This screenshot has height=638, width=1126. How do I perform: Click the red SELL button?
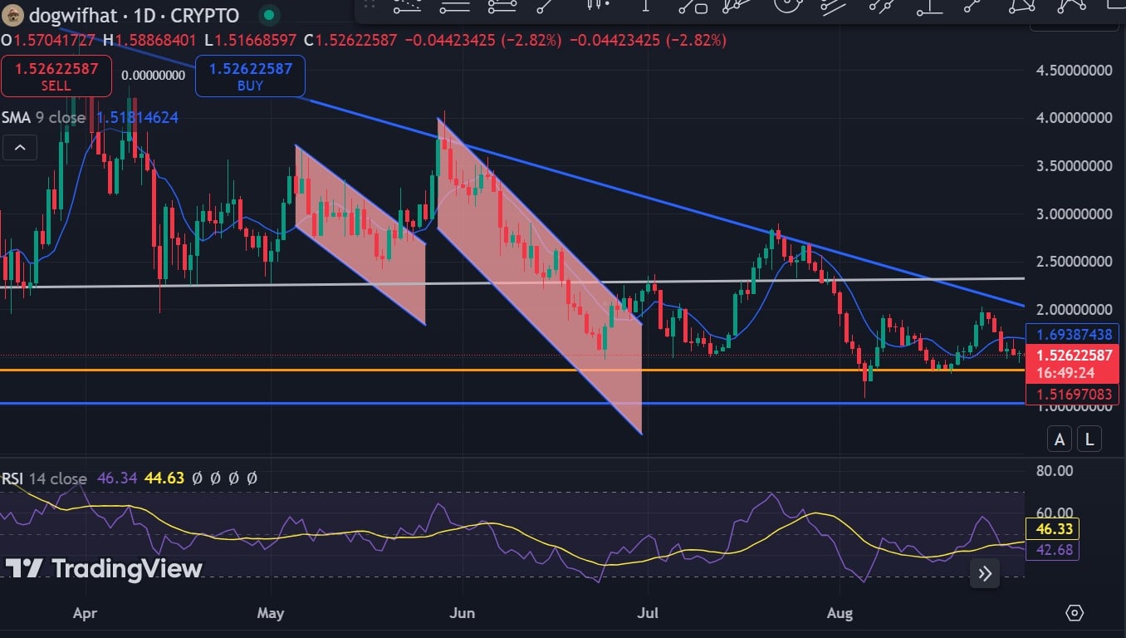point(56,76)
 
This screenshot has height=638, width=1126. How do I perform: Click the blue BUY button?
point(250,76)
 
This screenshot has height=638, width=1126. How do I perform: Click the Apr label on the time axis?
point(86,614)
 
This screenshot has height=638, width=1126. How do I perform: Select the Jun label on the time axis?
point(462,614)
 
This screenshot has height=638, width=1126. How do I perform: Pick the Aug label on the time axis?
point(840,614)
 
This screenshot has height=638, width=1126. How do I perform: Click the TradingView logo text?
point(105,569)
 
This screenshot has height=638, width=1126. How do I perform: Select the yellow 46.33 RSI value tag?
point(1052,528)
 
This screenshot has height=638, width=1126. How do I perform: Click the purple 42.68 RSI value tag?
point(1052,549)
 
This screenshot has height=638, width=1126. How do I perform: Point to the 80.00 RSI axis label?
point(1055,471)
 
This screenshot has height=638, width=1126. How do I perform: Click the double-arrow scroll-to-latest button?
point(985,572)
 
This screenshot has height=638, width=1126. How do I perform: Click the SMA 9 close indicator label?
point(43,118)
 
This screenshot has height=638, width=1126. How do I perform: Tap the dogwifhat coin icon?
point(12,15)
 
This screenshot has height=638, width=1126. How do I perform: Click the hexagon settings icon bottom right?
point(1075,613)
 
